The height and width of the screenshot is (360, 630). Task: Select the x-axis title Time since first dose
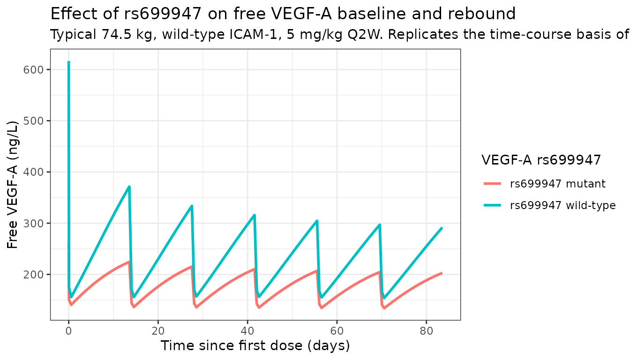pos(255,346)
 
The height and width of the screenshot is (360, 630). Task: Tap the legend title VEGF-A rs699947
pos(541,160)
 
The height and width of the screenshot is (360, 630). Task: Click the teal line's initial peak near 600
pos(69,62)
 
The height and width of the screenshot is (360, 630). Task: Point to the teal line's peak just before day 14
pos(129,187)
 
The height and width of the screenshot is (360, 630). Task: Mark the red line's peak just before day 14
pos(129,262)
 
